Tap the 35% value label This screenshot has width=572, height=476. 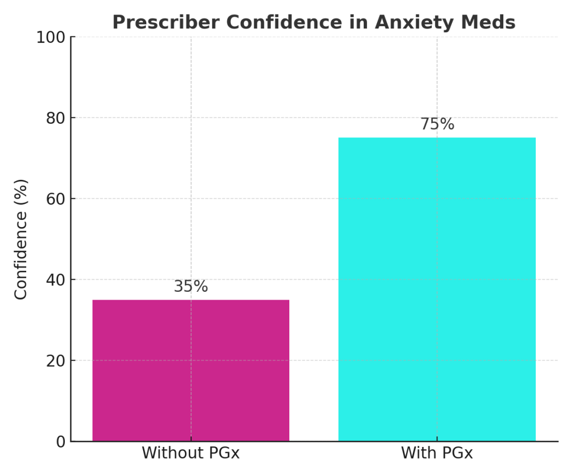tap(190, 287)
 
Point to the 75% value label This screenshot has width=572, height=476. tap(437, 124)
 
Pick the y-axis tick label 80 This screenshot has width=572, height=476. tap(56, 118)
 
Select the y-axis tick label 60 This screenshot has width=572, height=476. tap(56, 199)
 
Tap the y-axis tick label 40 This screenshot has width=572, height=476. tap(56, 280)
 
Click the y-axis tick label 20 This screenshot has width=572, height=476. tap(56, 361)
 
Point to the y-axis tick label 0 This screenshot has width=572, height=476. tap(60, 442)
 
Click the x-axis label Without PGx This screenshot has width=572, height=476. tap(190, 453)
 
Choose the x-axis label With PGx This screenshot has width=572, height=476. tap(437, 453)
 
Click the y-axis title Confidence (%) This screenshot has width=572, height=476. tap(21, 239)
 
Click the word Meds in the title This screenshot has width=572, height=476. tap(490, 22)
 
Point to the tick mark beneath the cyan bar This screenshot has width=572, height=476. tap(437, 444)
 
